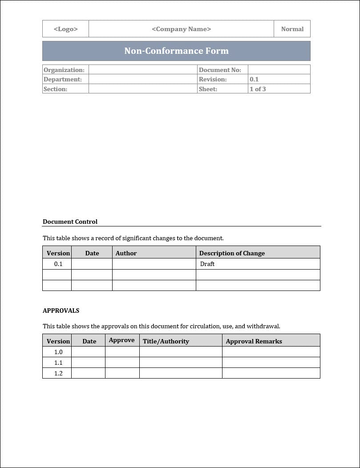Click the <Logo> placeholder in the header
pos(65,29)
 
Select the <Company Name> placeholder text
pos(181,29)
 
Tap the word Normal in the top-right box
pos(292,29)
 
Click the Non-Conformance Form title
pos(176,51)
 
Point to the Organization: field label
pos(64,70)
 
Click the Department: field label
pos(63,79)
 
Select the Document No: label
pos(220,70)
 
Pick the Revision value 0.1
pos(254,79)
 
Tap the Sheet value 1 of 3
pos(258,89)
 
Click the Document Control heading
pos(70,222)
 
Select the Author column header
pos(126,253)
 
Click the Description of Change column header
pos(232,253)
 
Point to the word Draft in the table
pos(207,264)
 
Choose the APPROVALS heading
pos(61,311)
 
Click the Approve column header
pos(121,340)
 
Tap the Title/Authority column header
pos(166,341)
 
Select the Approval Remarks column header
pos(254,341)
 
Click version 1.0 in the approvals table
pos(58,352)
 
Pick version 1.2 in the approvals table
pos(58,373)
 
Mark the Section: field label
pos(56,89)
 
